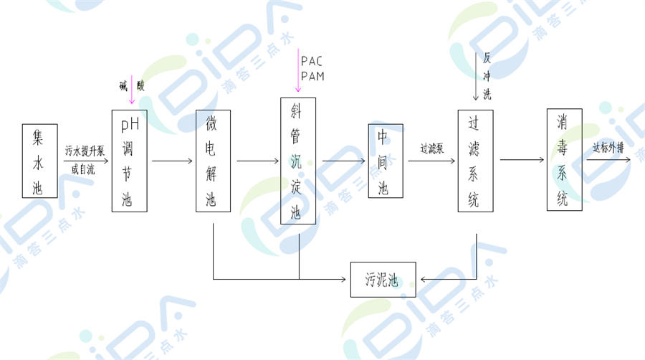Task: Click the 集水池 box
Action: (38, 161)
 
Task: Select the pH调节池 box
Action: (129, 161)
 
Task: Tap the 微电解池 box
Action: (213, 161)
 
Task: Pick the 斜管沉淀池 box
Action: (298, 161)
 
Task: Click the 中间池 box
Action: (386, 161)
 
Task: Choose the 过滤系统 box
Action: (475, 161)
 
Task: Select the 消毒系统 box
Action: (564, 161)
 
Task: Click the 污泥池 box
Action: (383, 280)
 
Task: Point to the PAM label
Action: (313, 76)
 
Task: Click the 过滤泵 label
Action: (432, 149)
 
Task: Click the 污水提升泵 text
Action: (85, 151)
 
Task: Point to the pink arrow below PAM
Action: (297, 72)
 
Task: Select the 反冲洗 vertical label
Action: (487, 75)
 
